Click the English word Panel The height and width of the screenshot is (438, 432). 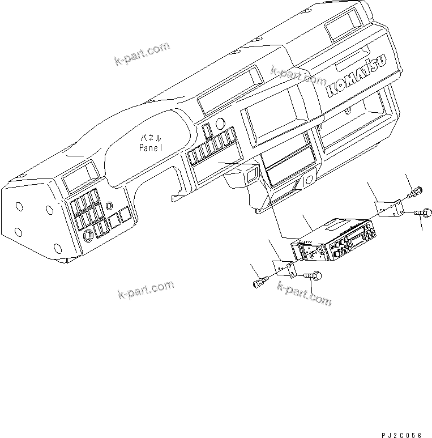coord(151,147)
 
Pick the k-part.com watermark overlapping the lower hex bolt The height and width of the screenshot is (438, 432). coord(304,293)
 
